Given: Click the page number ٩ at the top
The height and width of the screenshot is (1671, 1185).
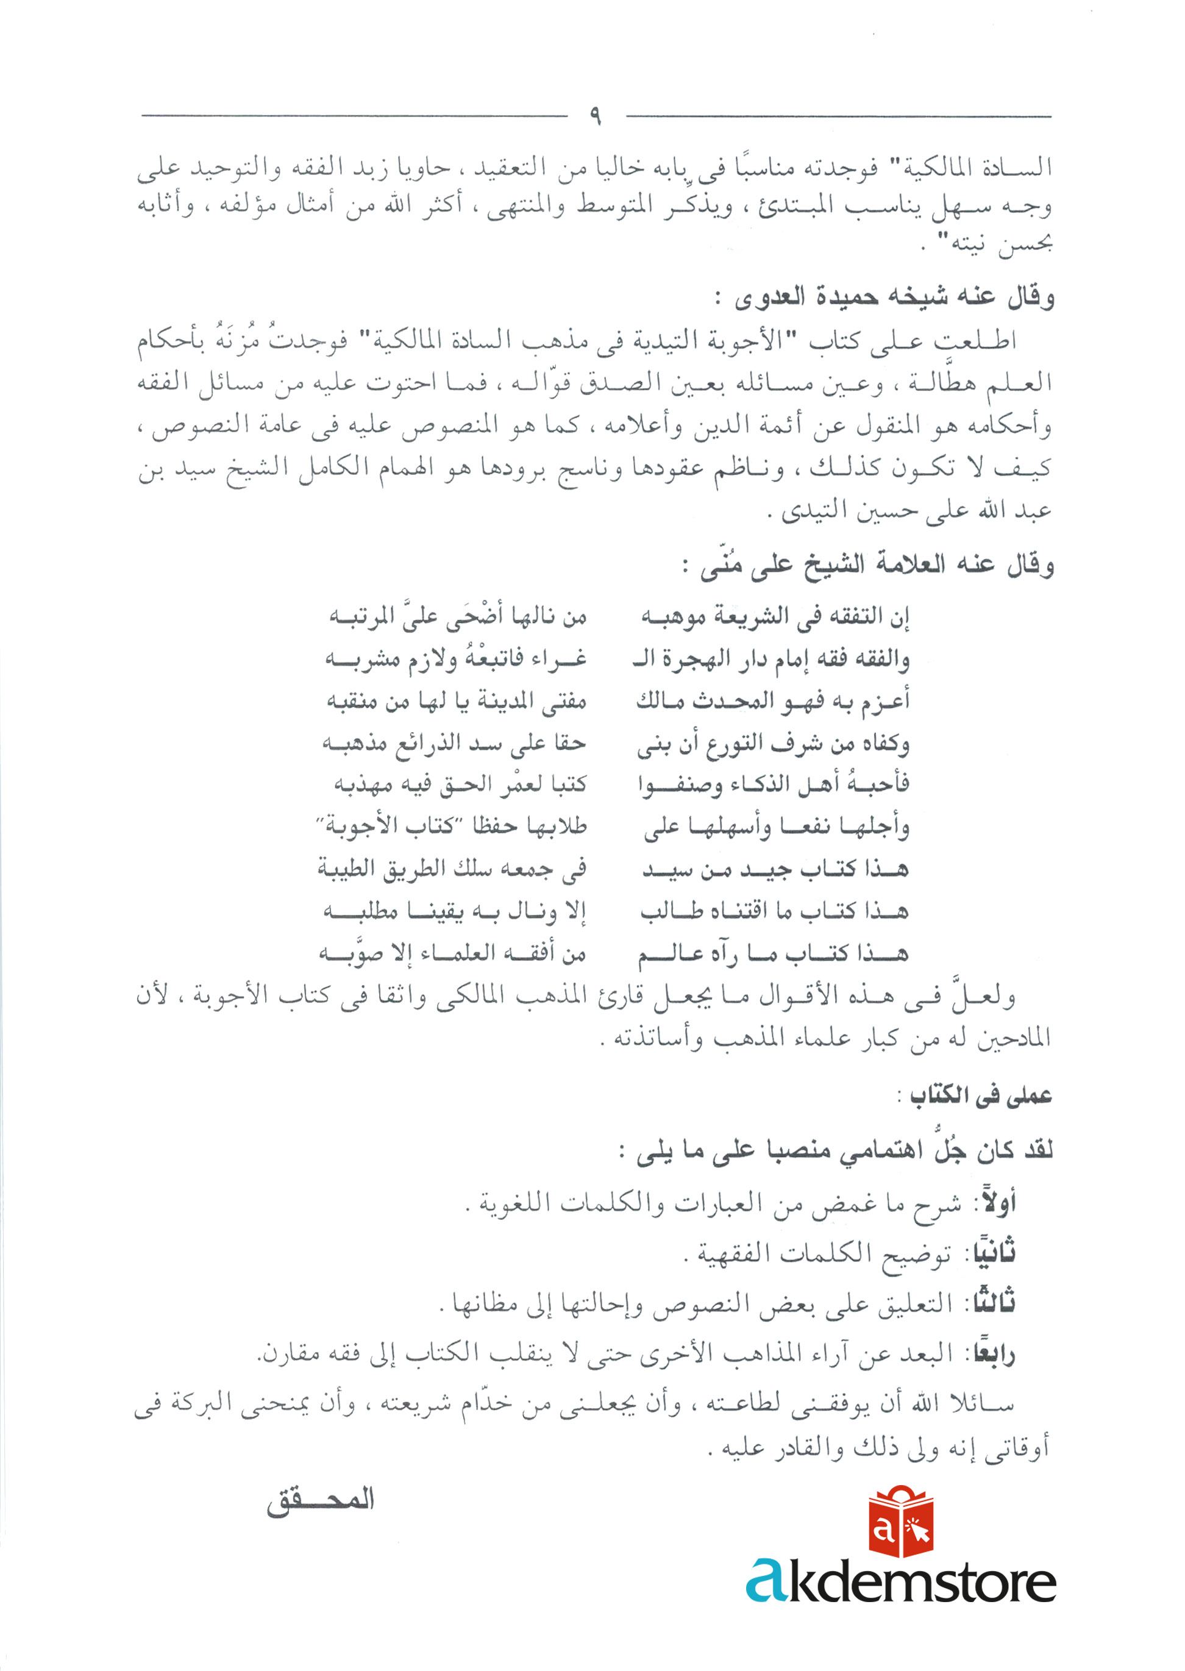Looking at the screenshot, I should coord(596,115).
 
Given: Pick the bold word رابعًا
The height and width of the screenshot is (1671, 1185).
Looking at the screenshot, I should coord(992,1353).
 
